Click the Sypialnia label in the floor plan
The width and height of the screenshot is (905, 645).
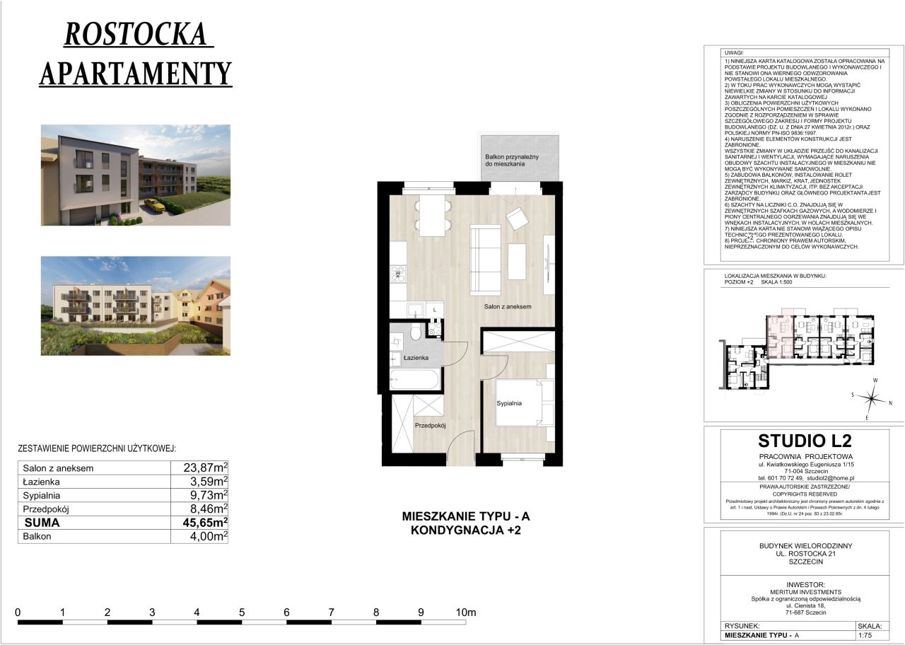tap(508, 403)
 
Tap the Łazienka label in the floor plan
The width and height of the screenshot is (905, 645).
tap(416, 359)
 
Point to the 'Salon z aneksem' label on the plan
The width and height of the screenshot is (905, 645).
tap(507, 306)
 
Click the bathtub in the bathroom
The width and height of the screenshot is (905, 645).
tap(414, 379)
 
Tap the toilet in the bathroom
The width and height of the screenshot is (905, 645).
tap(418, 332)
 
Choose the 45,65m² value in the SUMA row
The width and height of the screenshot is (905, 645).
tap(200, 523)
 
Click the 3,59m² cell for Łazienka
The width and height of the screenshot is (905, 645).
tap(200, 481)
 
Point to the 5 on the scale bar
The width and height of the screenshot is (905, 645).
tap(242, 612)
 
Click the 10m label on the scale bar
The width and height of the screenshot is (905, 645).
tap(467, 612)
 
